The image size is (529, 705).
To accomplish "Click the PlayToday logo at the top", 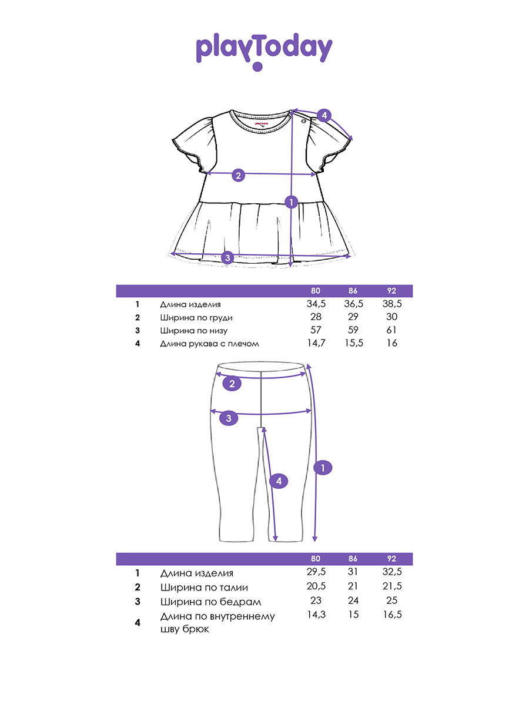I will point(264,49).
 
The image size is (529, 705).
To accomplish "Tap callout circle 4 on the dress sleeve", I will point(324,115).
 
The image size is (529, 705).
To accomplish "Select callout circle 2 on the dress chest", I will point(238,175).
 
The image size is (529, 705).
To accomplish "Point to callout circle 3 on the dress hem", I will point(228,257).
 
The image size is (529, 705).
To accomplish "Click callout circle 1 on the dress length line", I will point(290,202).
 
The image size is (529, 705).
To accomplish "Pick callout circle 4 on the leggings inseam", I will point(279,481).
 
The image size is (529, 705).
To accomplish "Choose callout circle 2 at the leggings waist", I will point(232,384).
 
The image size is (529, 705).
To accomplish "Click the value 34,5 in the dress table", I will point(316,304).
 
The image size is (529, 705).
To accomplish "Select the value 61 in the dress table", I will point(391,330).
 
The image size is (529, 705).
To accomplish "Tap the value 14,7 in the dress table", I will point(316,343).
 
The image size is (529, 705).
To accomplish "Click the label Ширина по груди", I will point(196,318).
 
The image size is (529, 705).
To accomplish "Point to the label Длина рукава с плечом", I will point(209,344).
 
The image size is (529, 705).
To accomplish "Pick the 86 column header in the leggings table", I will point(353,559).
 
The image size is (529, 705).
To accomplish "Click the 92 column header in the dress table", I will point(391,291).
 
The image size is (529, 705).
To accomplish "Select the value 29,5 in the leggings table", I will point(316,573).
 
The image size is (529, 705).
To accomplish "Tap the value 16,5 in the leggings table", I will point(391,615).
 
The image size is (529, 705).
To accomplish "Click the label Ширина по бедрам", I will point(210,602).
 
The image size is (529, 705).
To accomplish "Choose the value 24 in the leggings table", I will point(353,600).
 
